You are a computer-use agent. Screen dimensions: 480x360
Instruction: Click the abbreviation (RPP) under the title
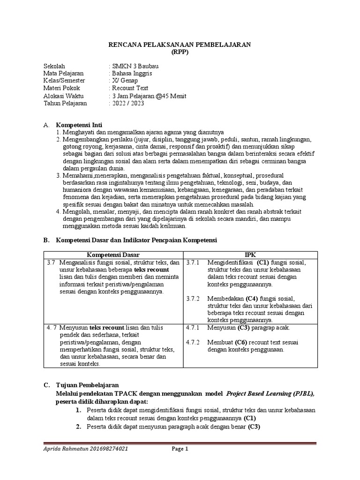(180, 52)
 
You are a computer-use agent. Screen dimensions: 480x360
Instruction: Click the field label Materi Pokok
(61, 88)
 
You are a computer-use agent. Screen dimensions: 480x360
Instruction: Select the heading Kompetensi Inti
(79, 125)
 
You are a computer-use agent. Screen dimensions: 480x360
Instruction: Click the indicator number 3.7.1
(193, 262)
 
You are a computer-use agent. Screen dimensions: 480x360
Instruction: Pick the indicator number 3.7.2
(193, 299)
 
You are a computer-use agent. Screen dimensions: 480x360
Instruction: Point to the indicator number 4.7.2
(193, 342)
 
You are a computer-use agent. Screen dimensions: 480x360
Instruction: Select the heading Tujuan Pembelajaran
(87, 385)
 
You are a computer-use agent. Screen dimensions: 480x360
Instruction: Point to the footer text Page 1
(179, 449)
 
